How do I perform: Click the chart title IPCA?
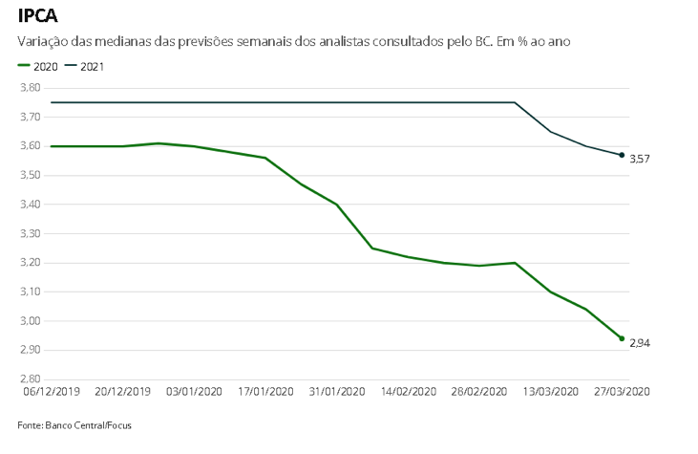click(x=38, y=16)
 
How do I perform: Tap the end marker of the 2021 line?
click(x=622, y=155)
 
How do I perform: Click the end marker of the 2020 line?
click(x=622, y=338)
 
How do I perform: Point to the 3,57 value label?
click(x=640, y=159)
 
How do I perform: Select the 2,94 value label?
click(x=640, y=342)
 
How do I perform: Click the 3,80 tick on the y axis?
click(x=31, y=88)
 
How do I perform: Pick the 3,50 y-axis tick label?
click(x=31, y=176)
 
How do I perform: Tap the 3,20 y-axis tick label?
click(x=31, y=263)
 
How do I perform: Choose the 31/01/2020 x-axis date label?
click(x=336, y=391)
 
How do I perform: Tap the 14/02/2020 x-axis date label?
click(x=408, y=391)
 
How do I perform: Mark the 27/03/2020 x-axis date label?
click(x=622, y=391)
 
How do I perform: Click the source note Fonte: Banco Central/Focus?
click(x=74, y=425)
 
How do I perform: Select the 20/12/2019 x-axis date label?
click(x=121, y=391)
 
